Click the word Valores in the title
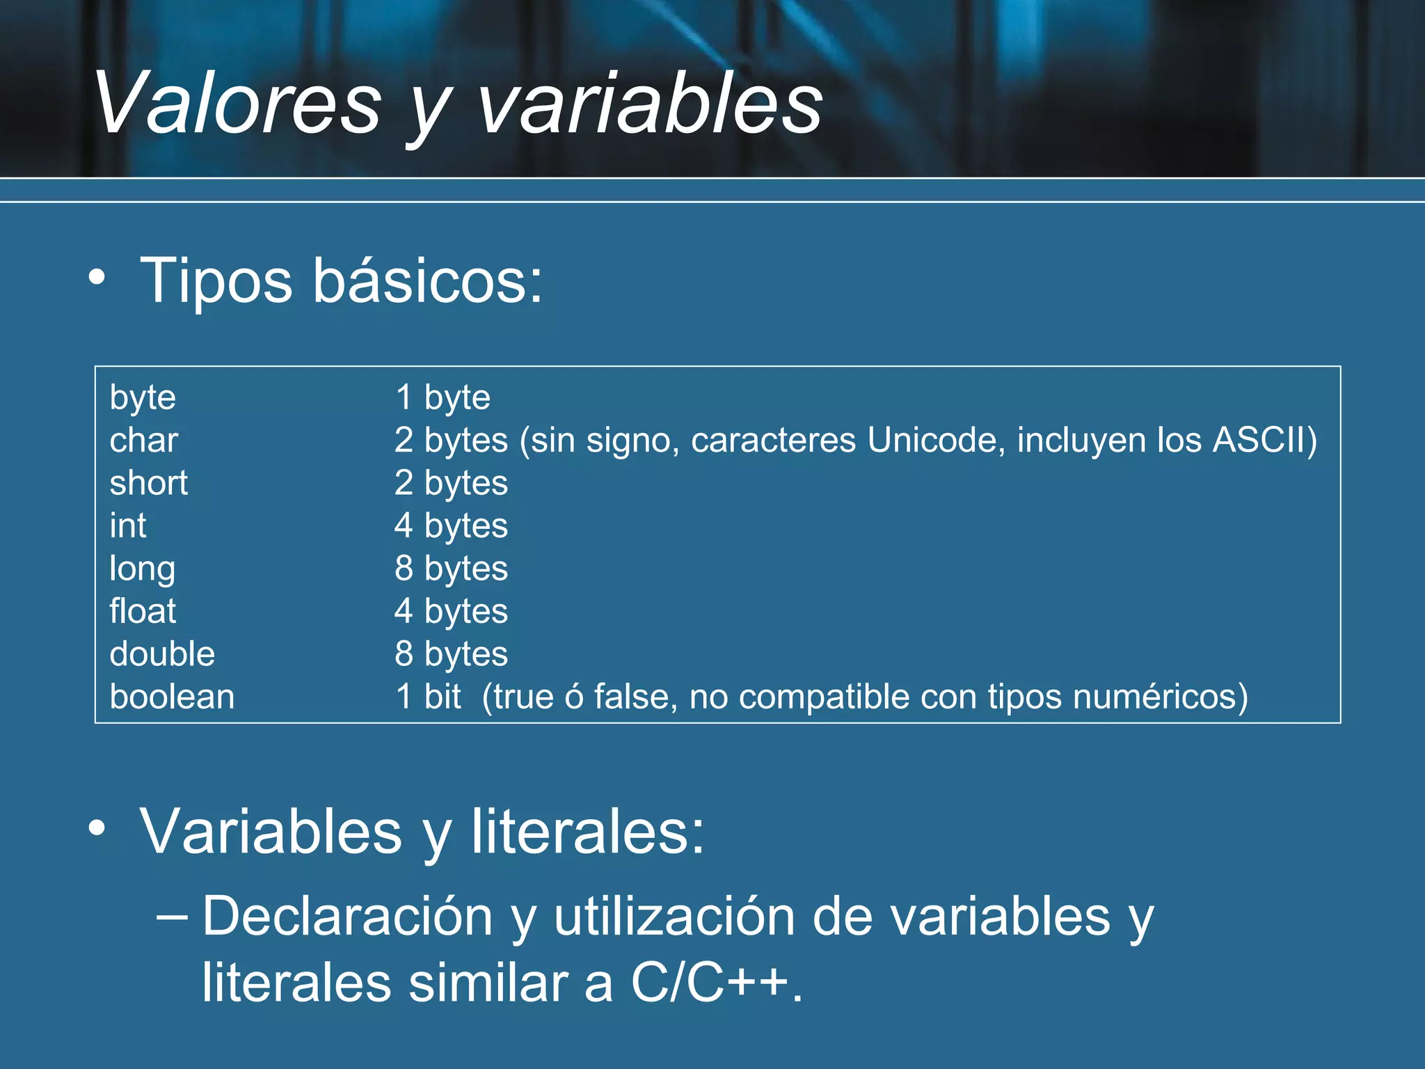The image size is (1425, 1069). coord(237,104)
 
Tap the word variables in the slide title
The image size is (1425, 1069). coord(650,104)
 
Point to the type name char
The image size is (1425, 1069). coord(144,440)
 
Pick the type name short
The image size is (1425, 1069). coord(149,483)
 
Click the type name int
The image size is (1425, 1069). coord(128,525)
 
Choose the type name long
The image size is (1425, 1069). coord(143,569)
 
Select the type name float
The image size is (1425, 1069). coord(143,611)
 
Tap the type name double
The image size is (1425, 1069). coord(162,654)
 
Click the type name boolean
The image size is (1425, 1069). coord(172,697)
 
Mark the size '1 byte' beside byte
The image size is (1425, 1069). coord(443,397)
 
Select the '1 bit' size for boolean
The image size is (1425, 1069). coord(428,697)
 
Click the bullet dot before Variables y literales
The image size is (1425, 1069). coord(97,828)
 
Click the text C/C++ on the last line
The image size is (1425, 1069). coord(710,983)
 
